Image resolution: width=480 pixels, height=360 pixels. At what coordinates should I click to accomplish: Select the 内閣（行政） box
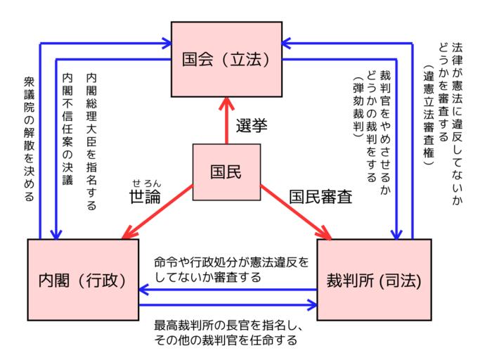coord(83,280)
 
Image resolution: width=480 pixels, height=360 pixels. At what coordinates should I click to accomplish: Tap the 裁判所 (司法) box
coord(373,280)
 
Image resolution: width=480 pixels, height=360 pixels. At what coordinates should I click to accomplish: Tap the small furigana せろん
coord(145,181)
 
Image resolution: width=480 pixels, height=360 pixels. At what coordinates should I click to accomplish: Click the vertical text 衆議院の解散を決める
coord(28,141)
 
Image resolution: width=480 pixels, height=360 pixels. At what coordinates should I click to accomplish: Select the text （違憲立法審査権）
coord(427,112)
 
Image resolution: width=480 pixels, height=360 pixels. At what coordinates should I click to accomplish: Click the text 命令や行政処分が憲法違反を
coord(231,262)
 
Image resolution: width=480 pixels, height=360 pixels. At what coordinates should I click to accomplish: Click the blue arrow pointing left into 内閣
coord(225,289)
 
